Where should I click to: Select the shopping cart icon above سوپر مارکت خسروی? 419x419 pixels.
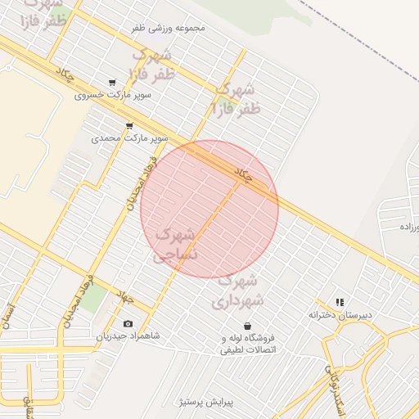click(x=112, y=83)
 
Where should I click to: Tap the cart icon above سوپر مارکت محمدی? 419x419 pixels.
click(x=129, y=126)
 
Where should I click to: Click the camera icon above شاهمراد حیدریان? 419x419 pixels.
click(x=128, y=324)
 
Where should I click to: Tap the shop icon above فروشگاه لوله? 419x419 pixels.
click(x=247, y=326)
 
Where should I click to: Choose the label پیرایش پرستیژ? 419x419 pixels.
click(x=207, y=402)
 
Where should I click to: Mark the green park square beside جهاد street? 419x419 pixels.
click(x=92, y=296)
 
